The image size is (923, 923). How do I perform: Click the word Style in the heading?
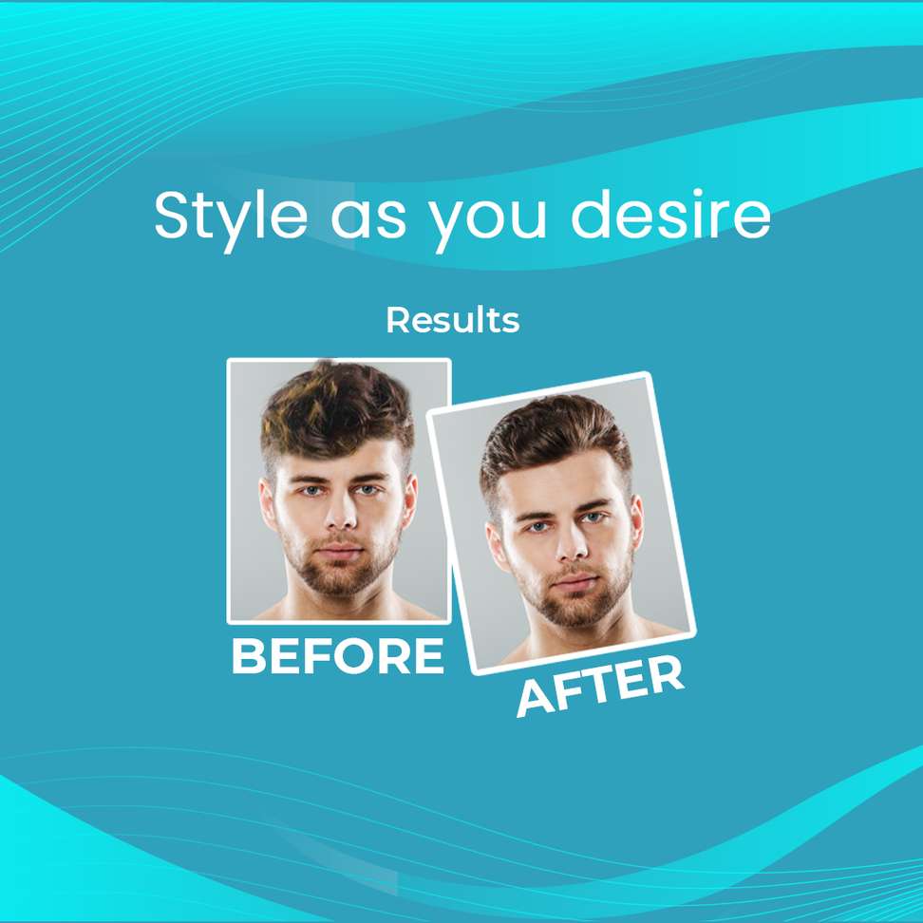tap(230, 217)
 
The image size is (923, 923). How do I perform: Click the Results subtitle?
tap(452, 321)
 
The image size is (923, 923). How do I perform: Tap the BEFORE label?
tap(337, 656)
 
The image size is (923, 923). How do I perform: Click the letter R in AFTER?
tap(666, 675)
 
